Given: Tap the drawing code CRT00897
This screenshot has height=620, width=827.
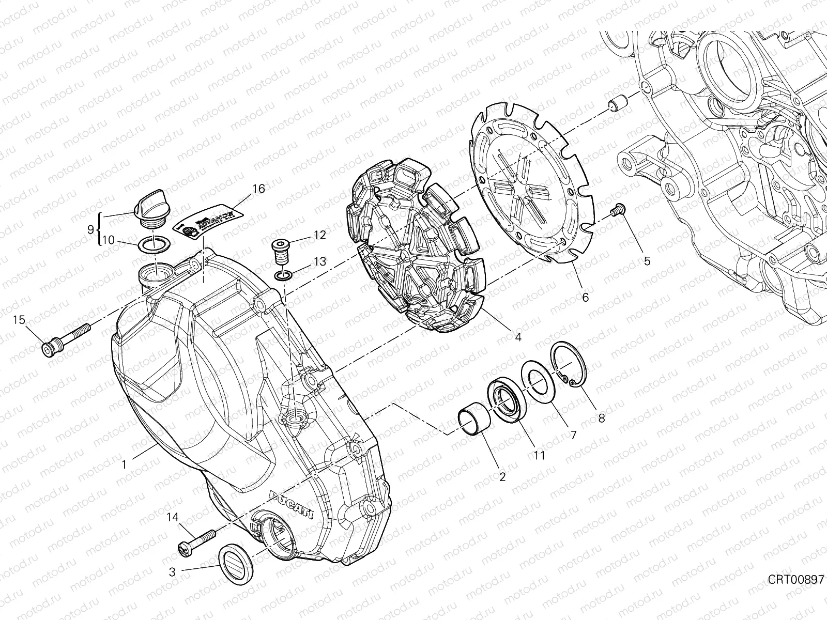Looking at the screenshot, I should coord(794,580).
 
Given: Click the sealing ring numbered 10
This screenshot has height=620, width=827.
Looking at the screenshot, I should coord(154,243).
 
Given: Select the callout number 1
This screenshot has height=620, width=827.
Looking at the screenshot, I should coord(124,464).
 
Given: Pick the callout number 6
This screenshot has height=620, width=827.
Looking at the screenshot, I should coord(585,298).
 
